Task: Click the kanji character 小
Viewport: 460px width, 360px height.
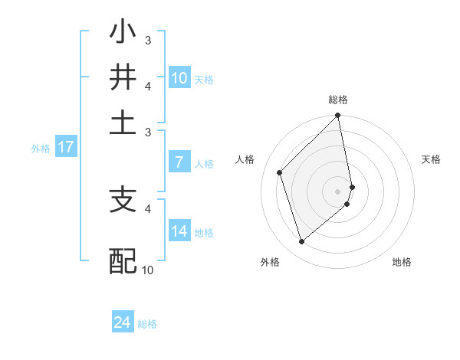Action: click(123, 34)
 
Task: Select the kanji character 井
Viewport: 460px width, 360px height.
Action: click(123, 78)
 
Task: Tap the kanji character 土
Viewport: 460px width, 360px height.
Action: click(123, 122)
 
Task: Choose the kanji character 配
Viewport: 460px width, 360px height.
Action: click(123, 260)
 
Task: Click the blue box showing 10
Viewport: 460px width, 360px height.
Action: click(179, 78)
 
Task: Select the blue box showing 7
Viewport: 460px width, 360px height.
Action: click(179, 162)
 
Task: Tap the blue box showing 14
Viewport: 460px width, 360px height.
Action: click(179, 231)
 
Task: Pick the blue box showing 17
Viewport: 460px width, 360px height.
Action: click(65, 147)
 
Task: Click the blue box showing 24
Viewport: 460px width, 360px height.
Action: click(123, 322)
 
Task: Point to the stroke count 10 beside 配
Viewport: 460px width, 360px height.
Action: click(147, 270)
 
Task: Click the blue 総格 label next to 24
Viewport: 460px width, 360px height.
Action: click(147, 324)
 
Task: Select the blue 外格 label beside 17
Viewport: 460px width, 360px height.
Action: click(40, 149)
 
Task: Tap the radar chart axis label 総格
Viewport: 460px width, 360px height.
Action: click(338, 100)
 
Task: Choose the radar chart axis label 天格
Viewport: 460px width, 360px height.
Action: click(431, 159)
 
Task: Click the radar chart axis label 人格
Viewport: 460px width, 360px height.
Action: click(245, 159)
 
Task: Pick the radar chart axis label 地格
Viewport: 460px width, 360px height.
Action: click(402, 263)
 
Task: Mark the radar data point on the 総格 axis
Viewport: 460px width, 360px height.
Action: click(338, 116)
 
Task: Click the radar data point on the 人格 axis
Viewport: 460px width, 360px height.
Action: click(280, 172)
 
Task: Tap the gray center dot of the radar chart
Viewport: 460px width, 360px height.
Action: click(338, 191)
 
